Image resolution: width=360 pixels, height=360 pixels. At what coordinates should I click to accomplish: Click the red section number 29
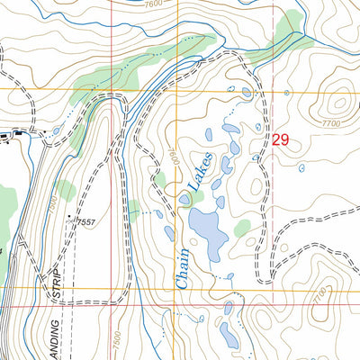point(280,139)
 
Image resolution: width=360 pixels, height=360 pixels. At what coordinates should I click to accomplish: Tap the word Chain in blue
point(183,269)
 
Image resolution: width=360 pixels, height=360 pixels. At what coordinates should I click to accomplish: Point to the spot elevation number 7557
point(85,221)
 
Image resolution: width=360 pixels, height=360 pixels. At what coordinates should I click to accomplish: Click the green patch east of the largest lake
point(242,229)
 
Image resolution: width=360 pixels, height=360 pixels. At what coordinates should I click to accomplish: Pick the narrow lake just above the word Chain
point(168,233)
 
